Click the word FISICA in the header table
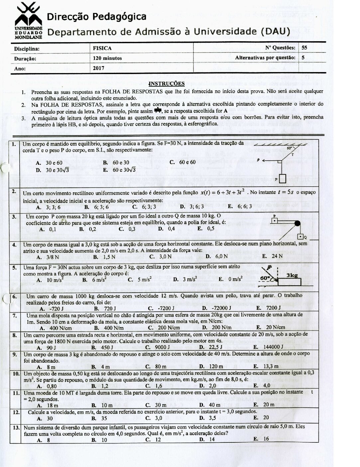[x=102, y=48]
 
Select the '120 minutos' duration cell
[x=107, y=58]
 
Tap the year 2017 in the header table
[x=99, y=68]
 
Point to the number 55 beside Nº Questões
[x=304, y=47]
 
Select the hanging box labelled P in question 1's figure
[x=282, y=179]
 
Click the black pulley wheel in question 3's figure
[x=297, y=223]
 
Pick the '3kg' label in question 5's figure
[x=292, y=275]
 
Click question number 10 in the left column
[x=15, y=374]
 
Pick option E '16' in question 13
[x=261, y=439]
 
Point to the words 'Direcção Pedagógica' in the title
[x=96, y=17]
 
